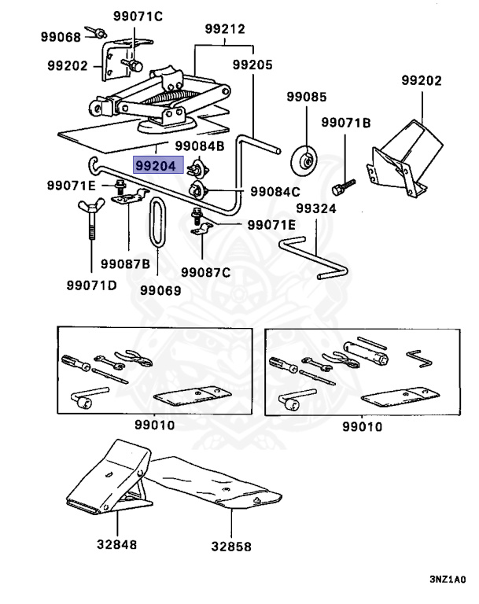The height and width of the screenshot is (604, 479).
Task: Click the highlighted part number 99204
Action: click(x=156, y=166)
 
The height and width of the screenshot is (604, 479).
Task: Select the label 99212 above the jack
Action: click(x=225, y=29)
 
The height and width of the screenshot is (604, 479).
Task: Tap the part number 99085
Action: click(x=307, y=97)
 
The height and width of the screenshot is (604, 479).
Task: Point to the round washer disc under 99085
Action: click(x=304, y=160)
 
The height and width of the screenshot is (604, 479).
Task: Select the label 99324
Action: click(x=316, y=208)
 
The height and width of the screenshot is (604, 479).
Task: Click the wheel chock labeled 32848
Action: click(x=109, y=477)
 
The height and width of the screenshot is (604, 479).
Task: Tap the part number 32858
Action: click(x=231, y=547)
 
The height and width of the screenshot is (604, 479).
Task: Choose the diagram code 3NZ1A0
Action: click(x=448, y=580)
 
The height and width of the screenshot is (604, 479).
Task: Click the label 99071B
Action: click(x=345, y=123)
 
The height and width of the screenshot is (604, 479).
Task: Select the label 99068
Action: click(x=61, y=37)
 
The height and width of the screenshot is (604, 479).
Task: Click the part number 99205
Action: click(x=252, y=64)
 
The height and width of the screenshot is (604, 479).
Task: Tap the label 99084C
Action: click(x=275, y=191)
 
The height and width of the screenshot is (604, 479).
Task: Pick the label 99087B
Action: click(x=125, y=264)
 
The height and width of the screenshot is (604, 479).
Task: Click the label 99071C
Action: click(x=138, y=17)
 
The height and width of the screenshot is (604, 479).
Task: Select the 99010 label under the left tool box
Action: click(x=154, y=425)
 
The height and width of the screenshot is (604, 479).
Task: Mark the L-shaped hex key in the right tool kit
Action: click(x=420, y=358)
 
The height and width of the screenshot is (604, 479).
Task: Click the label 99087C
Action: click(x=205, y=272)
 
